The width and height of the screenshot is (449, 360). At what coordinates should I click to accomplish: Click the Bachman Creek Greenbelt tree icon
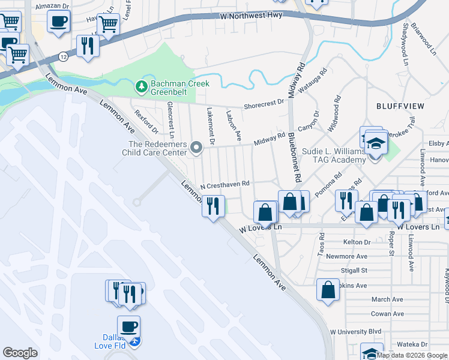coord(142,88)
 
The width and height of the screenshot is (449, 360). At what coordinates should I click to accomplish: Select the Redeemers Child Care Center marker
coord(196,147)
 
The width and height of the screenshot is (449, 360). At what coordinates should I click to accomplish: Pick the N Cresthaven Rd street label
coord(224,186)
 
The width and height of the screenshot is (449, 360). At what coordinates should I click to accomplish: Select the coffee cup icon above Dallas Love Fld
coord(128,326)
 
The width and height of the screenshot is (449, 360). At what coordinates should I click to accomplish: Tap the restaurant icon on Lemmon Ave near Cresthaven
coord(213,206)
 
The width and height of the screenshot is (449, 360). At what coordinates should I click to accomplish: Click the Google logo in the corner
coord(20,352)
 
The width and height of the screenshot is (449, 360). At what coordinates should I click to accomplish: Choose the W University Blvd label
coord(357,331)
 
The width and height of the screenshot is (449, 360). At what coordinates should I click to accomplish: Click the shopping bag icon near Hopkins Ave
coord(328,290)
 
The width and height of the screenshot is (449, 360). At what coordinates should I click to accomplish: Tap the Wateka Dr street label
coord(411,344)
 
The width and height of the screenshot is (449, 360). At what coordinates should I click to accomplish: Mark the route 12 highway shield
coord(62,56)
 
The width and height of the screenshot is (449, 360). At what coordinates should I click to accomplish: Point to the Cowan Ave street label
coord(387,314)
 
